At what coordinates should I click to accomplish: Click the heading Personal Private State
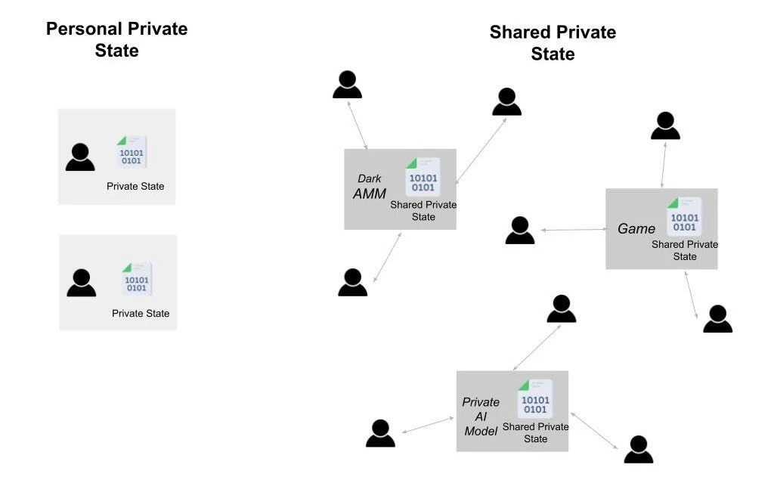click(x=116, y=39)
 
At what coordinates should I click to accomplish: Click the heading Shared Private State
click(x=553, y=43)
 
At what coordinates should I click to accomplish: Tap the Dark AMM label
click(x=369, y=187)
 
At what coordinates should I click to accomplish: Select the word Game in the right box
click(x=636, y=228)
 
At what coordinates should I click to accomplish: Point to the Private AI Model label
click(x=481, y=416)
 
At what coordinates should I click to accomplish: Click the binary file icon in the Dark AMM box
click(x=423, y=177)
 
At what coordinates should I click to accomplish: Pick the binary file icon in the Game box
click(x=684, y=216)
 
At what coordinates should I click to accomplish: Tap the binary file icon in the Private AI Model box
click(x=535, y=398)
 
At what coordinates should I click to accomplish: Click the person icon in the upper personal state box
click(x=80, y=157)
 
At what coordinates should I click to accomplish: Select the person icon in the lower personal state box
click(x=82, y=283)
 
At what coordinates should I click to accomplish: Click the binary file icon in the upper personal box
click(x=132, y=152)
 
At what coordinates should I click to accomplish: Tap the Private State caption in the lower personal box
click(x=141, y=313)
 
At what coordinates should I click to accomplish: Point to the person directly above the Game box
click(x=665, y=125)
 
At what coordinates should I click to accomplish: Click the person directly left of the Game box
click(x=520, y=231)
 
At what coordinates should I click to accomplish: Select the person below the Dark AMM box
click(x=353, y=282)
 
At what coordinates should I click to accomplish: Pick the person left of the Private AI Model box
click(x=380, y=433)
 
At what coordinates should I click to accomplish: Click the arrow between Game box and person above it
click(x=663, y=164)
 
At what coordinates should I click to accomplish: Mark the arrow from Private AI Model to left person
click(x=429, y=425)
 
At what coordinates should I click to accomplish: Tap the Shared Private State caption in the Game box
click(x=685, y=250)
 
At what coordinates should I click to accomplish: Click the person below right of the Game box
click(x=717, y=319)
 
